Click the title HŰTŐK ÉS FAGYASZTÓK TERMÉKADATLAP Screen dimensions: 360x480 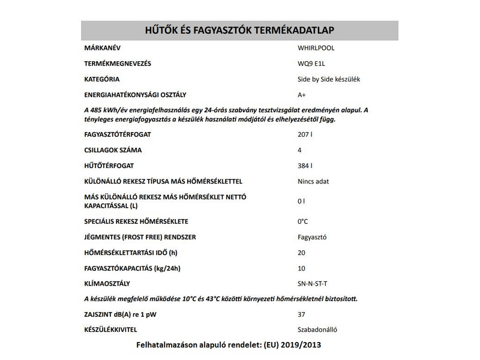click(x=240, y=31)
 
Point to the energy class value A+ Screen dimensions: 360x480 click(x=302, y=95)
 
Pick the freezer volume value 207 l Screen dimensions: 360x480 click(x=305, y=134)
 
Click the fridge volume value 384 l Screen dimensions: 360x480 click(x=305, y=166)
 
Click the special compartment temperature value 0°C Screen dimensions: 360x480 click(x=302, y=221)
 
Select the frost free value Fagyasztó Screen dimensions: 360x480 click(x=312, y=236)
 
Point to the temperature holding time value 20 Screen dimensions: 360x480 click(x=301, y=252)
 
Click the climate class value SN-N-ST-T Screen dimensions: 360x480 click(x=313, y=283)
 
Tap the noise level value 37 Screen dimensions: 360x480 click(x=301, y=314)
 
